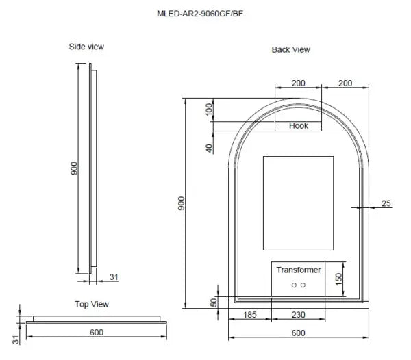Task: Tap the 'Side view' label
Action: [x=86, y=47]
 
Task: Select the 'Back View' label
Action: [x=290, y=49]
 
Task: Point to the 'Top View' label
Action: [x=92, y=304]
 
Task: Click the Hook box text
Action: [x=299, y=126]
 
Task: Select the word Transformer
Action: [x=299, y=270]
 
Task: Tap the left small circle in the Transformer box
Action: [x=293, y=285]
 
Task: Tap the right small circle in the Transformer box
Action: [x=303, y=285]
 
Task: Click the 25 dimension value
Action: [x=386, y=203]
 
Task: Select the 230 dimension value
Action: [x=298, y=314]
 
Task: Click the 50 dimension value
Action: [x=214, y=302]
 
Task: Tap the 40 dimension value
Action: [x=210, y=148]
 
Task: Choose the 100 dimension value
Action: [x=210, y=110]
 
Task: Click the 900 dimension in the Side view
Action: [x=74, y=168]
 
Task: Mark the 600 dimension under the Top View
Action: [x=96, y=333]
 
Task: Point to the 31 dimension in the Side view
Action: [x=114, y=277]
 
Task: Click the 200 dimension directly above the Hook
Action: [x=298, y=83]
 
